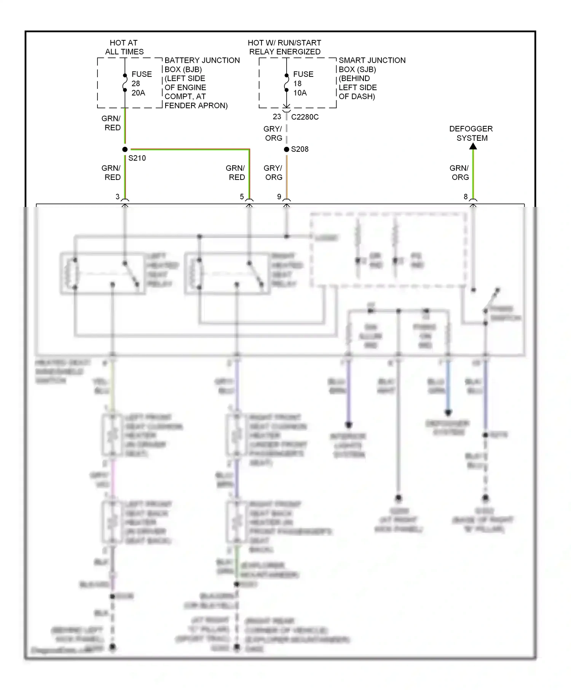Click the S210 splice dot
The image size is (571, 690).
pos(125,149)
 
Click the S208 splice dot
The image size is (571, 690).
pos(287,149)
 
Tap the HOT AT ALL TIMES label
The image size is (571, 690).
pos(124,47)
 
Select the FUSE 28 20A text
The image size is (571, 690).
pos(141,83)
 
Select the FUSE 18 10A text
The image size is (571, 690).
pos(303,83)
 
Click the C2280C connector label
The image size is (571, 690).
pos(305,117)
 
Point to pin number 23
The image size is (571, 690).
pos(277,117)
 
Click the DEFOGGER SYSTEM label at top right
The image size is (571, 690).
pos(471,134)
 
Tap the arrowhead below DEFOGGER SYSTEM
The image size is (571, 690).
pos(473,146)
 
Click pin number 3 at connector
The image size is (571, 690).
pos(118,197)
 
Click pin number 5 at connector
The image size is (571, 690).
pos(242,197)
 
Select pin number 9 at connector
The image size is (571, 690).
pos(279,197)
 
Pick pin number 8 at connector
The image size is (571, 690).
pos(466,197)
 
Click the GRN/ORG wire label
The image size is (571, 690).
pos(459,173)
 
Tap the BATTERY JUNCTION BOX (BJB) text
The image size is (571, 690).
pos(202,65)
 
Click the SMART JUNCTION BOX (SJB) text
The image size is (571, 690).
pos(372,65)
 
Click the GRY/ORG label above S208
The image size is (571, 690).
pos(273,134)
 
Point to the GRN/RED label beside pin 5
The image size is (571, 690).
pos(236,173)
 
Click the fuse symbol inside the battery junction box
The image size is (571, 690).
pos(125,83)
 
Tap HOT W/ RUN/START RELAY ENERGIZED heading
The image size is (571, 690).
pos(285,47)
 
